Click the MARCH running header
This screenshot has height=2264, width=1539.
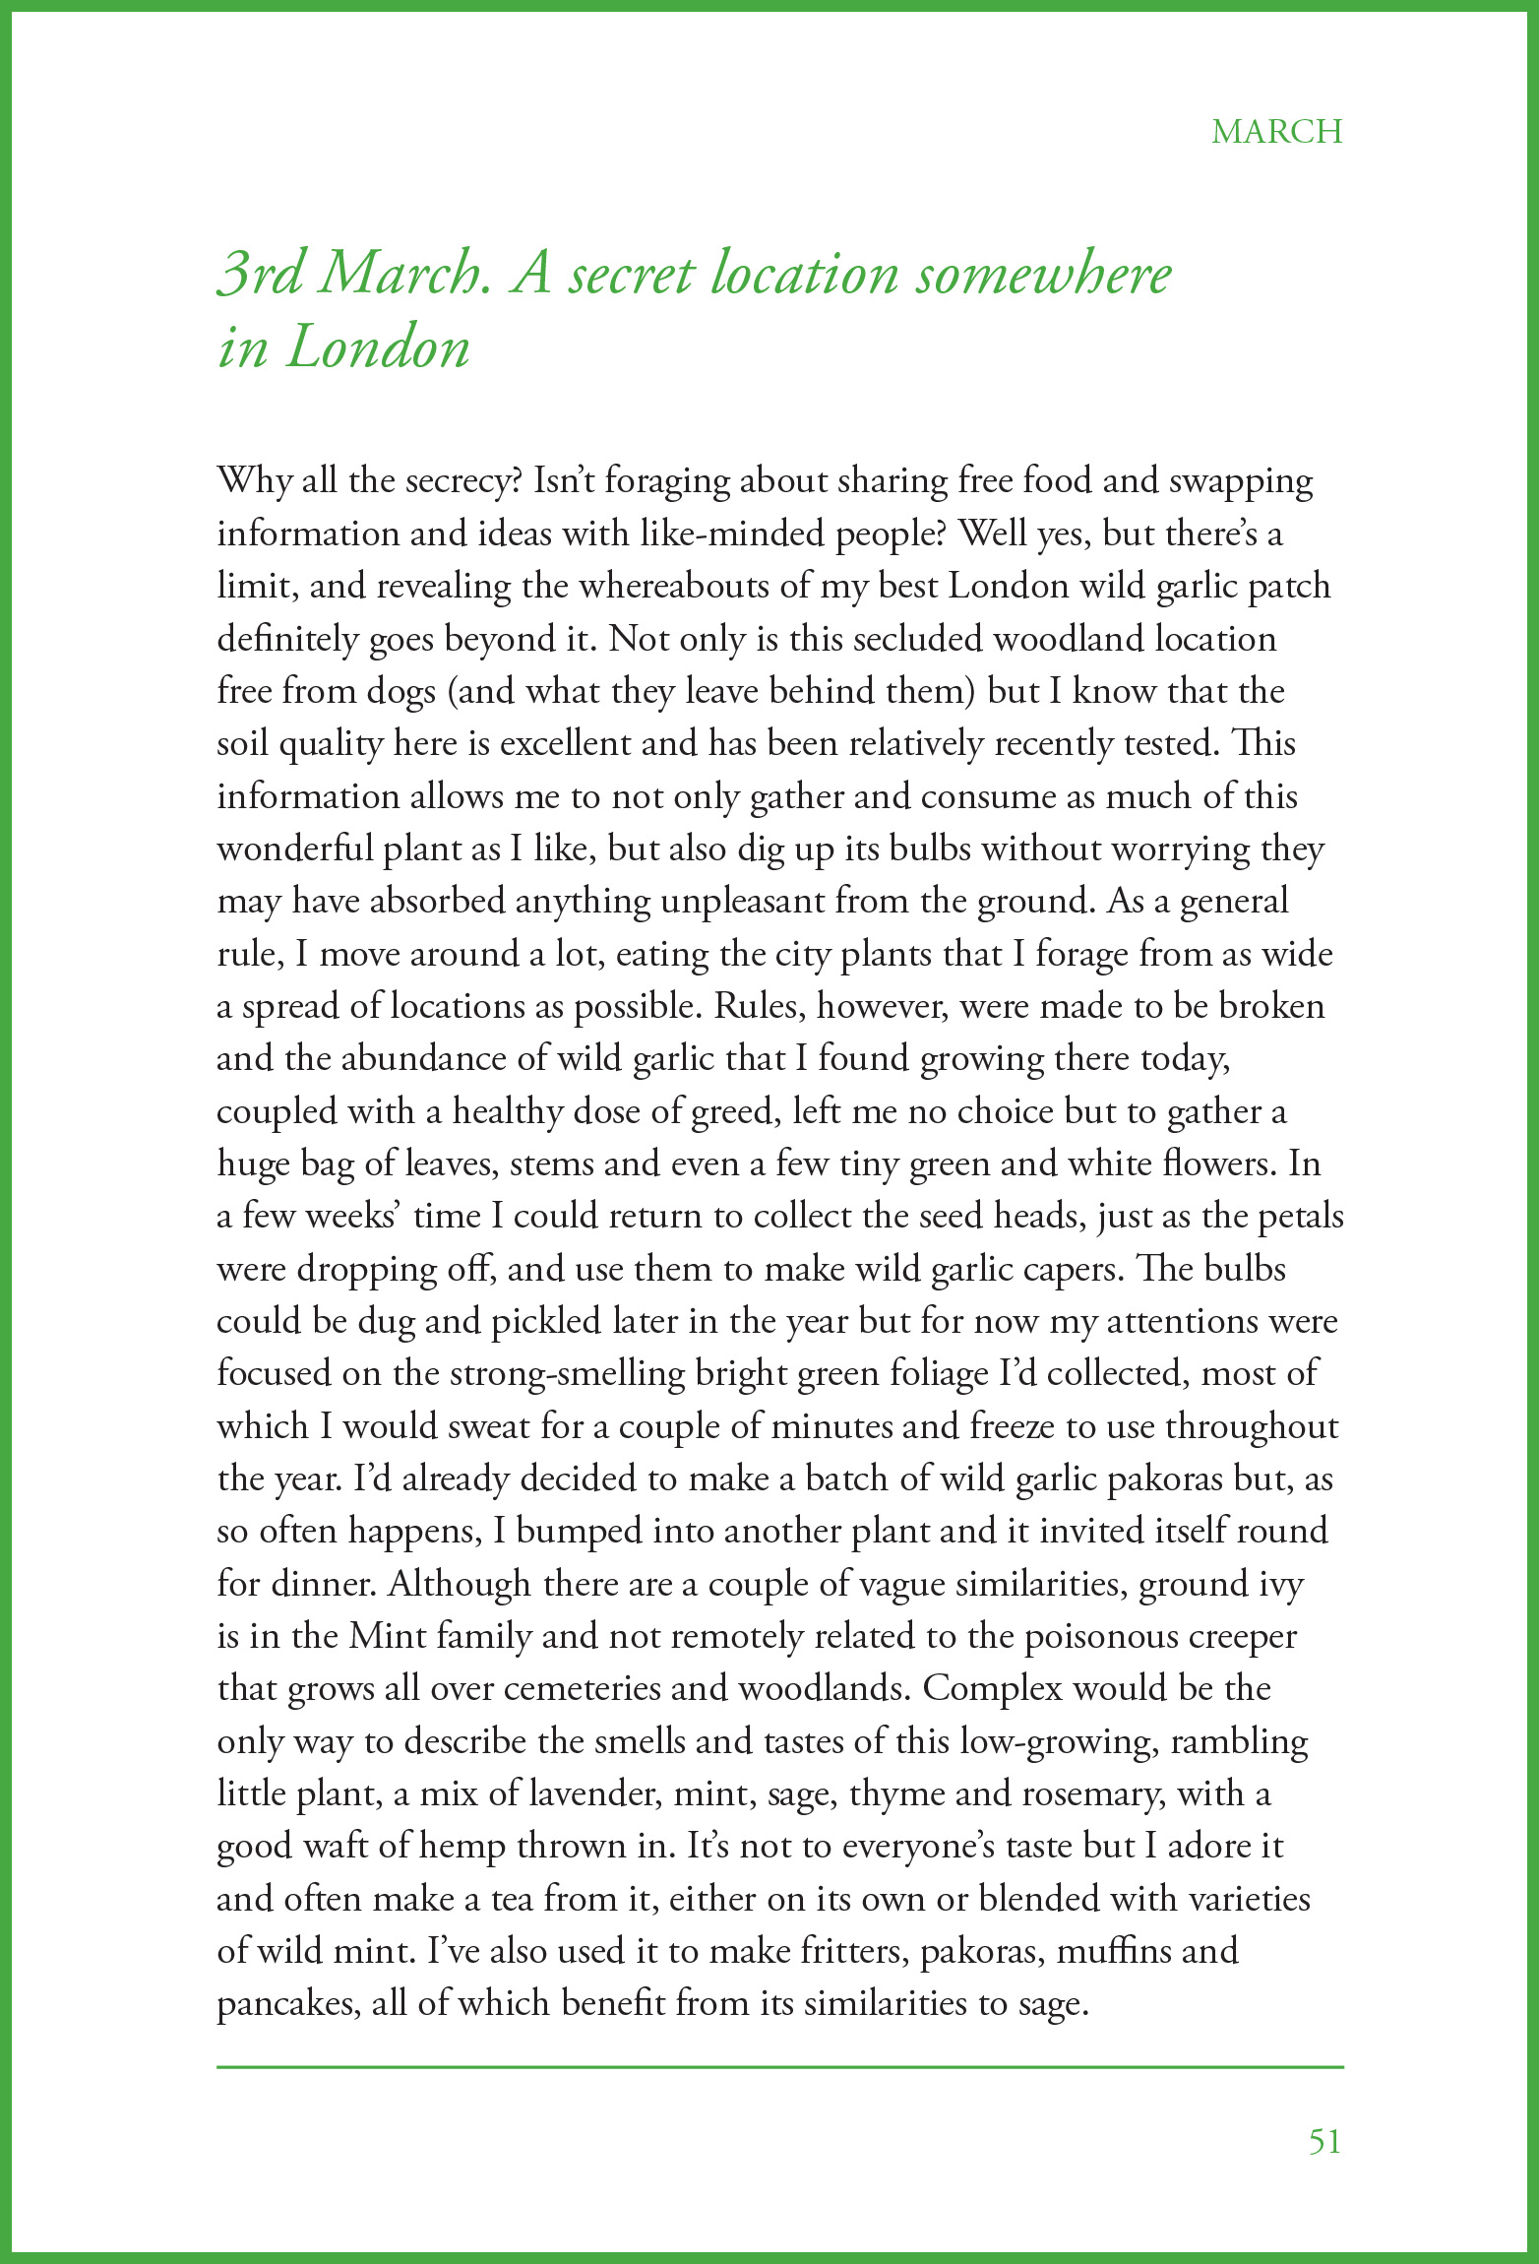pos(1276,132)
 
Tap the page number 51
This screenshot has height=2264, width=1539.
pos(1324,2142)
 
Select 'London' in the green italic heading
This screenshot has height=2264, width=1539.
pos(378,347)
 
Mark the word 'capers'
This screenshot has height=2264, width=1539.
pos(1068,1270)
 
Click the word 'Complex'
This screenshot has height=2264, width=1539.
pos(993,1689)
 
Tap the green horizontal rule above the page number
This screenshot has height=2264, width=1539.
pos(779,2067)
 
